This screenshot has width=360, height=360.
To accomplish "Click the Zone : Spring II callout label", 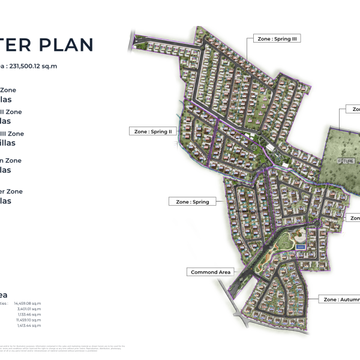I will pyautogui.click(x=152, y=131).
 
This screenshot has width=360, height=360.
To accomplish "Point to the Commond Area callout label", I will pyautogui.click(x=211, y=272).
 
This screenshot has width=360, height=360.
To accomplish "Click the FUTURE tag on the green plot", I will pyautogui.click(x=346, y=161).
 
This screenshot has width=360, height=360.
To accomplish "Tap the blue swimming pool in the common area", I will pyautogui.click(x=301, y=245).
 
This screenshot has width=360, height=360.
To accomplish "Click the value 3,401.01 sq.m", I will pyautogui.click(x=29, y=309).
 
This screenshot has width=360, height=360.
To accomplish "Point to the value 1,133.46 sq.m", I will pyautogui.click(x=29, y=314).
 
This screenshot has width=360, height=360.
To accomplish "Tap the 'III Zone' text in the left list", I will pyautogui.click(x=12, y=133).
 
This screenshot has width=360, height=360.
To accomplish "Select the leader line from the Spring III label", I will pyautogui.click(x=247, y=60).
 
